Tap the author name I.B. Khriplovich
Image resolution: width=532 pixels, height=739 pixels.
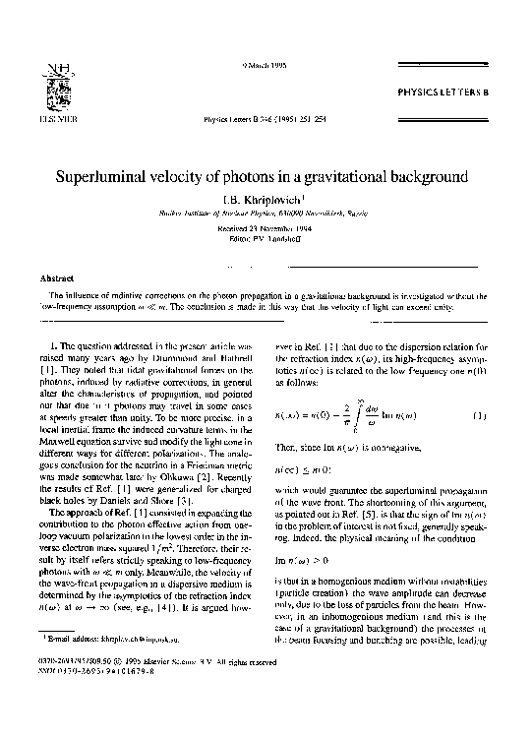coord(266,198)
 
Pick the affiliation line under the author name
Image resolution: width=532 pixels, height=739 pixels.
coord(265,212)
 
